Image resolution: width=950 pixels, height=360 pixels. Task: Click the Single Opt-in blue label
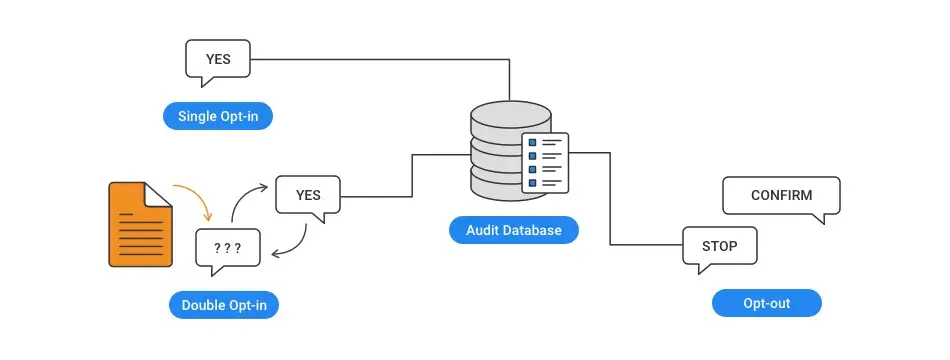[x=218, y=116]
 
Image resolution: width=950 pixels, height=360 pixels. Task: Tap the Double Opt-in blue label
[x=224, y=305]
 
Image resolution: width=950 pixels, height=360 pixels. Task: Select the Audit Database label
[x=514, y=230]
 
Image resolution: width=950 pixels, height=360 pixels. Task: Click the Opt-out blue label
[x=766, y=303]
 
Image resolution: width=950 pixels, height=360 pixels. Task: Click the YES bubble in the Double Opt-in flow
[x=308, y=195]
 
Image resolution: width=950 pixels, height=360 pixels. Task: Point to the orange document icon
[x=141, y=224]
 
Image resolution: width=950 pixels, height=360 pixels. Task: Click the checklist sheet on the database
[x=545, y=162]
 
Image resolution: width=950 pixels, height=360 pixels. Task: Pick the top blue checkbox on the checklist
[x=533, y=142]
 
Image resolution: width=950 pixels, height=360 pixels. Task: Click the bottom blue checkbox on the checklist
[x=533, y=182]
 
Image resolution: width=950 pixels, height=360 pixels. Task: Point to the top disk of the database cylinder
[x=511, y=113]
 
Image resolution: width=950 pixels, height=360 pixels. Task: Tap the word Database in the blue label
[x=536, y=230]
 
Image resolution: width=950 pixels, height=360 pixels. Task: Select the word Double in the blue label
[x=203, y=305]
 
